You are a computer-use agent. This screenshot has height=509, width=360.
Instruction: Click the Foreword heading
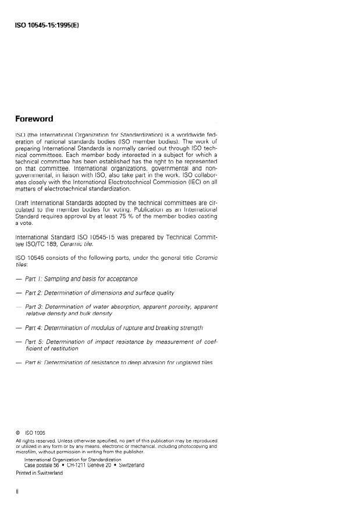(34, 119)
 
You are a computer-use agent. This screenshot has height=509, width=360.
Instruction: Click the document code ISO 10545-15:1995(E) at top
(47, 27)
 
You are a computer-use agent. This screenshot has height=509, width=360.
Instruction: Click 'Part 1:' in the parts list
(35, 279)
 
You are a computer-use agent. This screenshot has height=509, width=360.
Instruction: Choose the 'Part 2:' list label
(35, 293)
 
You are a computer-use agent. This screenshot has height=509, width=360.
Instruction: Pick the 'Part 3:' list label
(35, 306)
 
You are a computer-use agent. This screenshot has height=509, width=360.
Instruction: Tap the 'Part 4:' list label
(35, 328)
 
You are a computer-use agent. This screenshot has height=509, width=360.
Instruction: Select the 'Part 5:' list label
(35, 342)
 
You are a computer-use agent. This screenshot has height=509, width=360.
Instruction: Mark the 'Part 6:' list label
(35, 363)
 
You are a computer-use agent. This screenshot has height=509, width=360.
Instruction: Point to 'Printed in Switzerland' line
(39, 472)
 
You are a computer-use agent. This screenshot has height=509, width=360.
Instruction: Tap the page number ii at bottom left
(17, 492)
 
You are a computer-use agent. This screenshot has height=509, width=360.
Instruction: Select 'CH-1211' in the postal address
(77, 465)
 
